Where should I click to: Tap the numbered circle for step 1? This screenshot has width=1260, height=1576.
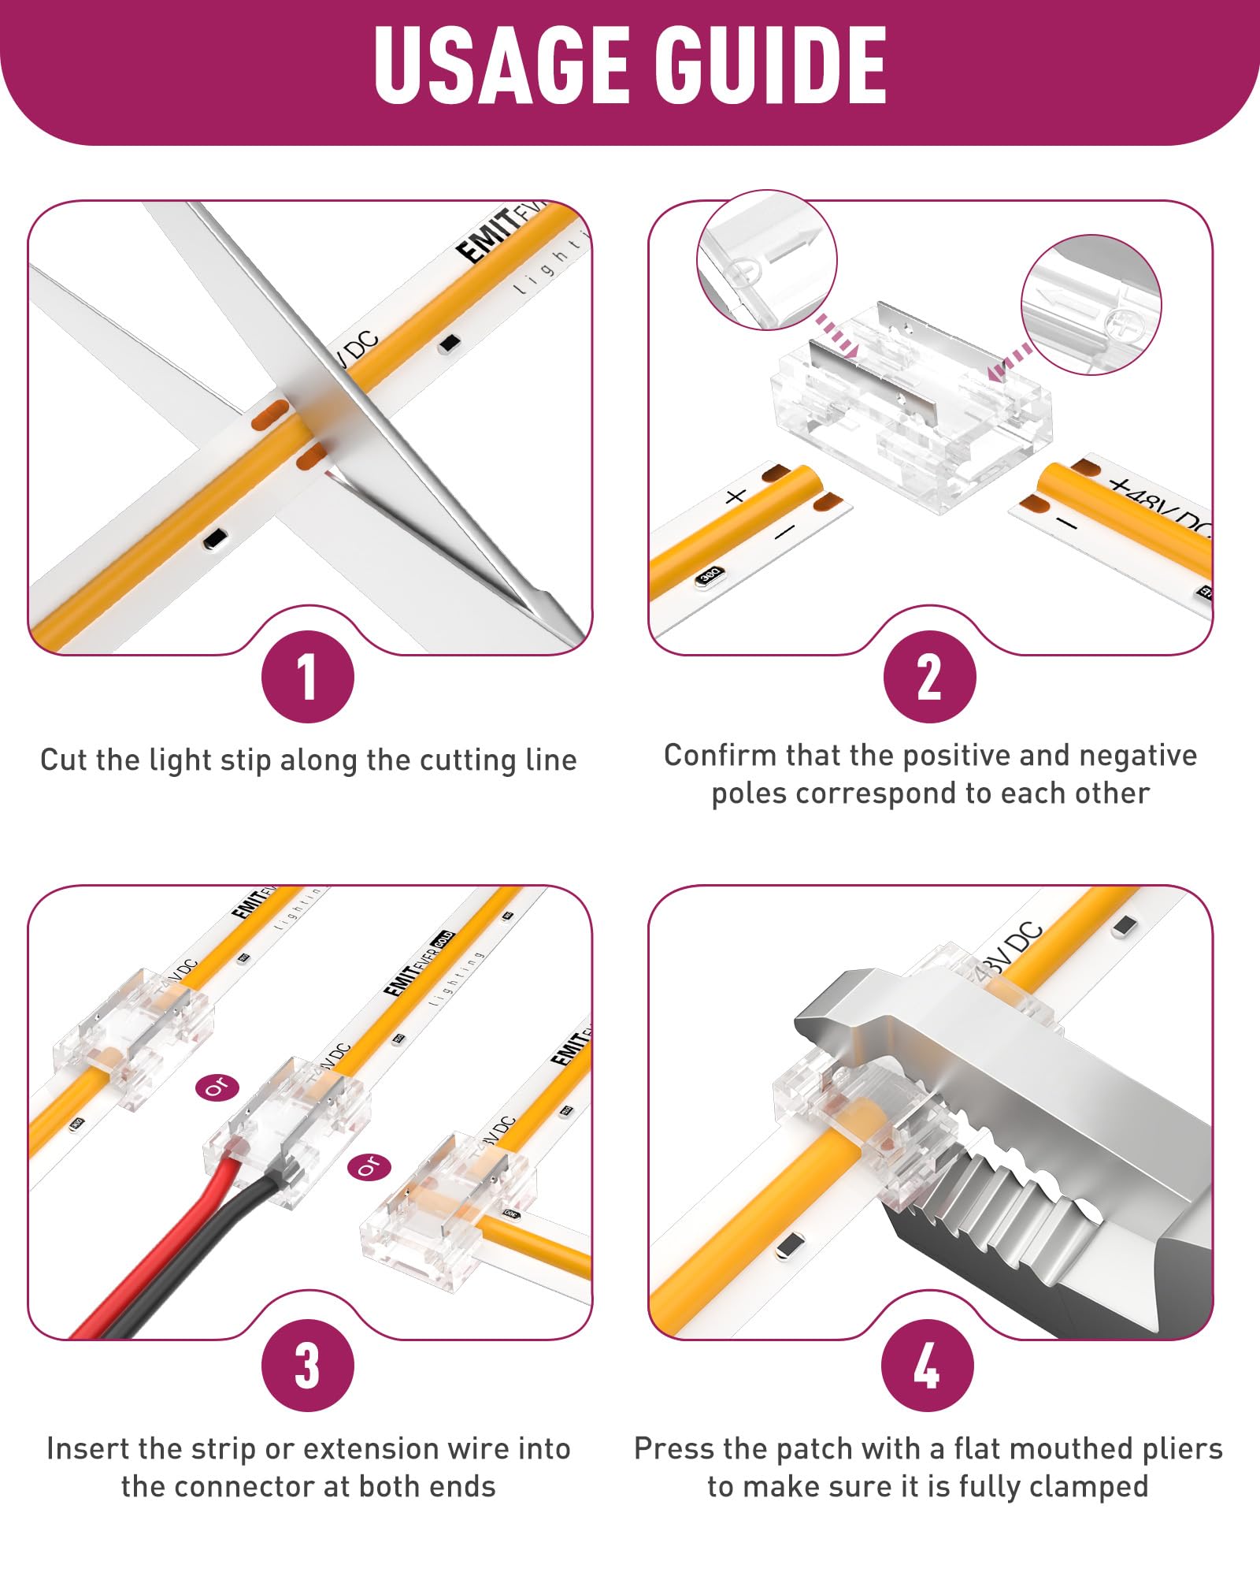pyautogui.click(x=308, y=677)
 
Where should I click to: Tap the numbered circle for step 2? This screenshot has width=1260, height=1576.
pyautogui.click(x=929, y=677)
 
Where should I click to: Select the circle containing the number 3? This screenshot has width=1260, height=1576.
pyautogui.click(x=308, y=1366)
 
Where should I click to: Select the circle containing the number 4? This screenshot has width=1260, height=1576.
pyautogui.click(x=928, y=1366)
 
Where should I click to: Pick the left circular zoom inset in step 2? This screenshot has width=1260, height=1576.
pyautogui.click(x=766, y=260)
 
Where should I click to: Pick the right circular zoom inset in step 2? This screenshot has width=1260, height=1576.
pyautogui.click(x=1091, y=304)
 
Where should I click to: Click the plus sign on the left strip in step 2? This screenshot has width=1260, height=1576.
pyautogui.click(x=735, y=496)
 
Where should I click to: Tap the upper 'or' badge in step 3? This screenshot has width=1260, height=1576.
pyautogui.click(x=217, y=1087)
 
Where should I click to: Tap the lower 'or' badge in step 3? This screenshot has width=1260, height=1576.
pyautogui.click(x=369, y=1167)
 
